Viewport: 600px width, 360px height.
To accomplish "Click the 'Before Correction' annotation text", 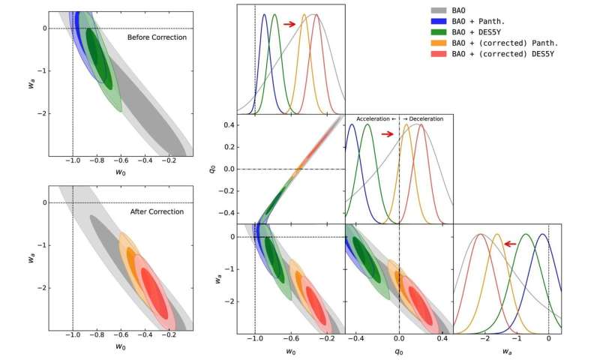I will pyautogui.click(x=157, y=37).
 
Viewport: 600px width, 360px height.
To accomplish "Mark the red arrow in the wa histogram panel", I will pyautogui.click(x=511, y=244).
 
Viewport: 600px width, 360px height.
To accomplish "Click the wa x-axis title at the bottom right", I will pyautogui.click(x=508, y=352).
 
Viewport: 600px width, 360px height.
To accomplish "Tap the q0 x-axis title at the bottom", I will pyautogui.click(x=398, y=352).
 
